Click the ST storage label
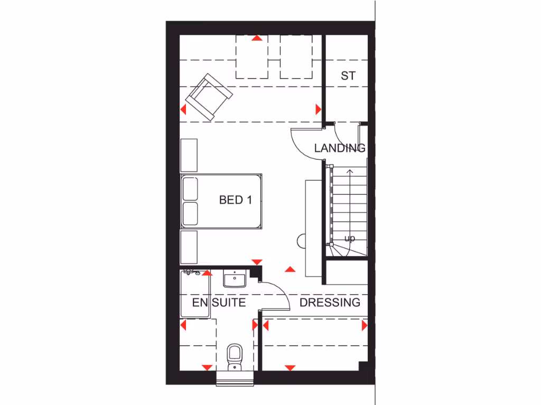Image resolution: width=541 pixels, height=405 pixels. point(348,76)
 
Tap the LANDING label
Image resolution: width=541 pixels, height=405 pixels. point(340,148)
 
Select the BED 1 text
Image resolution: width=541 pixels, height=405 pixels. point(235,200)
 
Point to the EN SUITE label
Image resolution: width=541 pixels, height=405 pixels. point(218,303)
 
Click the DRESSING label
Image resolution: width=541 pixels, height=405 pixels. point(330,303)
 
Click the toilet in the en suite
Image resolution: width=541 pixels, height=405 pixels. point(234,356)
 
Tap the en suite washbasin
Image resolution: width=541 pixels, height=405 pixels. point(234,278)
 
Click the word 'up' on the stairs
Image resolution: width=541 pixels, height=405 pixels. point(349,238)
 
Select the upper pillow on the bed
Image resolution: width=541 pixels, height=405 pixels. point(190,188)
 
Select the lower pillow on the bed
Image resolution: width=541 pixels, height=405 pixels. point(190,213)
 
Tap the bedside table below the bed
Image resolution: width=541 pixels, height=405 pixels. point(189,246)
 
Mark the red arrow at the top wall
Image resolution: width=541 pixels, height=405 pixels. point(257,38)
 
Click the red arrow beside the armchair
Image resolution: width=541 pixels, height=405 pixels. point(183,110)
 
